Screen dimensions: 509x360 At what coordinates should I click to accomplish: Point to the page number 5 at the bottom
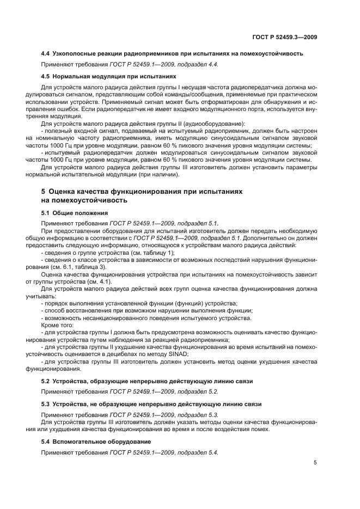[315, 463]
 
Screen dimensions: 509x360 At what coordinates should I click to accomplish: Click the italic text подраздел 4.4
[194, 65]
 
